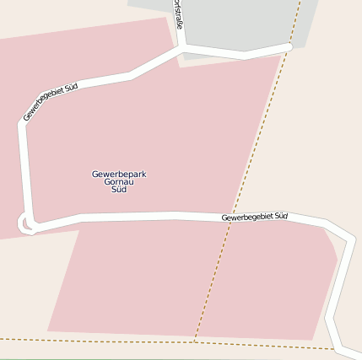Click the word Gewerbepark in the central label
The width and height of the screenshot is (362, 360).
[x=119, y=174]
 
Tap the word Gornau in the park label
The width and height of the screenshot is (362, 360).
[x=119, y=182]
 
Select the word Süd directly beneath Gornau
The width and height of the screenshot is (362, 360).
[x=119, y=190]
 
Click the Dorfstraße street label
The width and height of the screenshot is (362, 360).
[x=178, y=14]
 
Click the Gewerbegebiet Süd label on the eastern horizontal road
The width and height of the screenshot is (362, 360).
[x=254, y=218]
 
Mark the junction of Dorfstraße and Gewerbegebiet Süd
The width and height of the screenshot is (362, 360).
[x=181, y=49]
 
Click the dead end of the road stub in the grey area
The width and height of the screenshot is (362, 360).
[x=288, y=47]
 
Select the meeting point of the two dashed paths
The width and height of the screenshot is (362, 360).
[x=195, y=342]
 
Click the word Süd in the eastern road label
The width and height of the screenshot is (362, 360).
[x=280, y=217]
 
